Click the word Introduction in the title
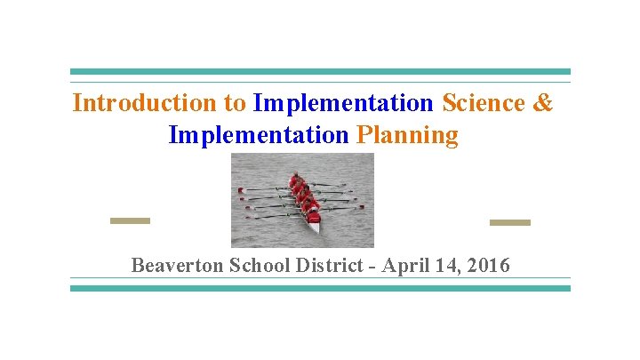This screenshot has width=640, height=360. (147, 103)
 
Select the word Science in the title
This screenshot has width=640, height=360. (484, 103)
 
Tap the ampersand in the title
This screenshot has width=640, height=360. (543, 103)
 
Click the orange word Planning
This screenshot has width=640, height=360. (407, 135)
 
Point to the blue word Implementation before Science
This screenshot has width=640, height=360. (342, 103)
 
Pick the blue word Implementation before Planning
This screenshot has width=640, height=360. (258, 135)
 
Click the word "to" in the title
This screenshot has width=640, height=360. (236, 103)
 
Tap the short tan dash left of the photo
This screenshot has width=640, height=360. (130, 220)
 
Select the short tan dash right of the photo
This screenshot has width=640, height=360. (509, 222)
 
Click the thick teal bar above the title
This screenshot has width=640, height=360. (320, 72)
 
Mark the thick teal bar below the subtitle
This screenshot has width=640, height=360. (320, 288)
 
